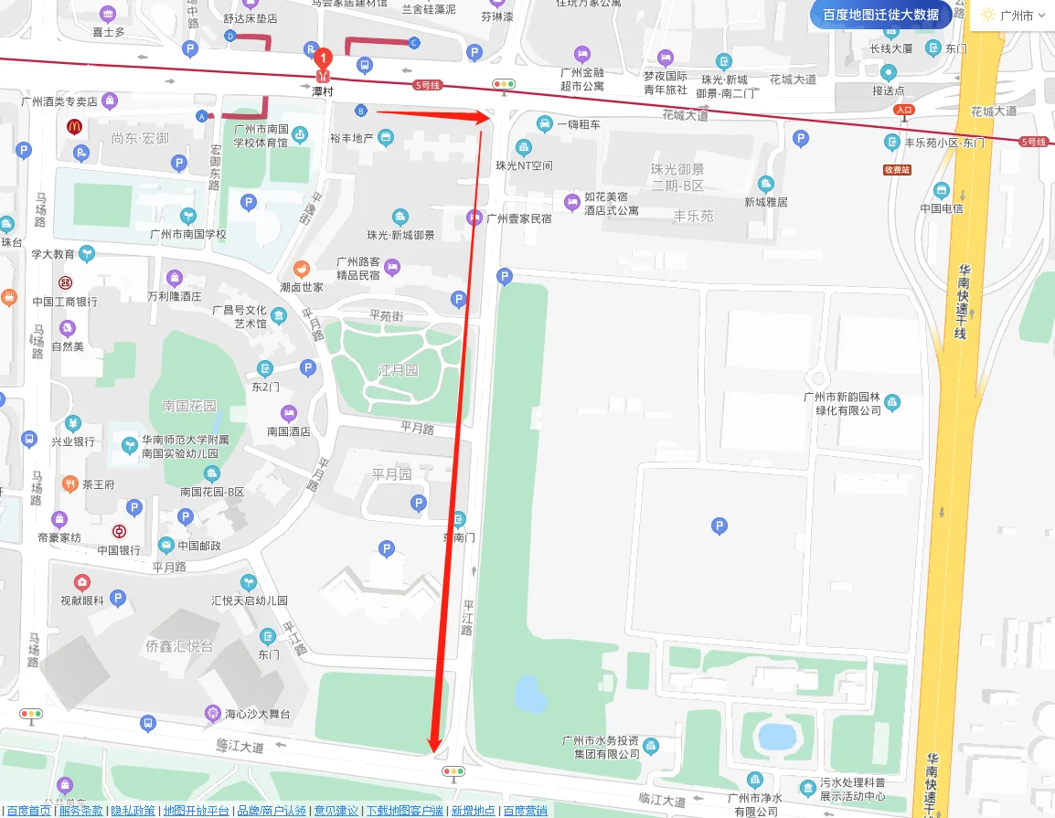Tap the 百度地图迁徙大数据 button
[x=880, y=15]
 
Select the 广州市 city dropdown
[x=1013, y=16]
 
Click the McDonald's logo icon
[x=74, y=128]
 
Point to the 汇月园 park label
[x=398, y=370]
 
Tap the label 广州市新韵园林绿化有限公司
[x=842, y=403]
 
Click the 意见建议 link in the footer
[x=336, y=811]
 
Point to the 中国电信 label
[x=942, y=207]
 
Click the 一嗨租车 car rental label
[x=578, y=124]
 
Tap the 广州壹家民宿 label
[x=518, y=218]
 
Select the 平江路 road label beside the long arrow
[x=467, y=617]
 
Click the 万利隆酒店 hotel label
[x=174, y=296]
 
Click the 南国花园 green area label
[x=189, y=406]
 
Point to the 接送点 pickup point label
[x=888, y=90]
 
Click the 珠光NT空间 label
[x=524, y=165]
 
